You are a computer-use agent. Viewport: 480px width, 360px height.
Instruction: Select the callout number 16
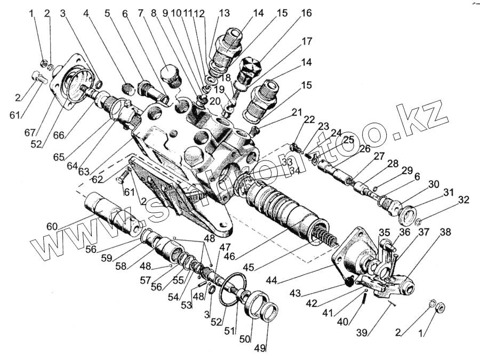(306, 13)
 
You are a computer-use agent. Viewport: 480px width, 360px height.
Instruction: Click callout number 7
(141, 12)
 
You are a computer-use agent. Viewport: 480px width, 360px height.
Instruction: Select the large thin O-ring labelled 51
(234, 289)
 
